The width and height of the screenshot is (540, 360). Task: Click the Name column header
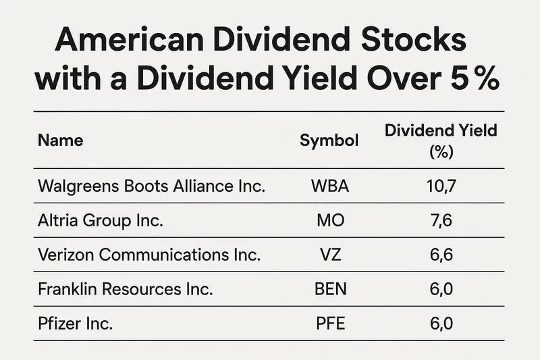point(61,140)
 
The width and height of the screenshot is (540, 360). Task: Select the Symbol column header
point(329,140)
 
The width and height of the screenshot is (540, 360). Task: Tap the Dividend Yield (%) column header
point(441,140)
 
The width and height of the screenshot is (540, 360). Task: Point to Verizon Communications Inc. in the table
point(149,255)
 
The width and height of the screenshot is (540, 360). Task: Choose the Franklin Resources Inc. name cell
point(126,289)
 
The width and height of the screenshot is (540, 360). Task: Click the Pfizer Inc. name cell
point(76,324)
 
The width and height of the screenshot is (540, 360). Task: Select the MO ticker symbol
point(330,221)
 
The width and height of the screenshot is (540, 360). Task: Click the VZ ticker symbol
point(330,255)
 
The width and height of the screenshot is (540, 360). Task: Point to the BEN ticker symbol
point(330,289)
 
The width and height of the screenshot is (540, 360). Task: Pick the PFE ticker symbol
point(330,324)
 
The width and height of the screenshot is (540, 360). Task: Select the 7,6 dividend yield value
point(441,221)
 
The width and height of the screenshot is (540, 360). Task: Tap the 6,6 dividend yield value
point(441,255)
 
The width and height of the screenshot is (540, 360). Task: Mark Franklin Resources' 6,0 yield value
point(441,289)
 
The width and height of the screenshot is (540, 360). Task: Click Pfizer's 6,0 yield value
point(441,324)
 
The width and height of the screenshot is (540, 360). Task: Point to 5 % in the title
point(473,80)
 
